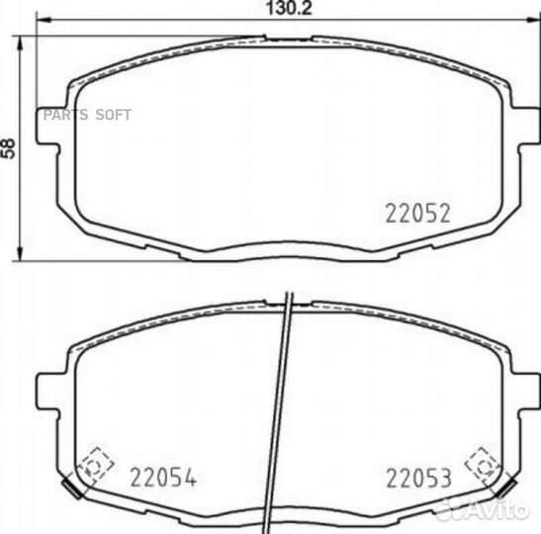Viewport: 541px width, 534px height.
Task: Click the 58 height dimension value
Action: (x=10, y=146)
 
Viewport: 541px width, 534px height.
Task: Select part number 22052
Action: (x=417, y=212)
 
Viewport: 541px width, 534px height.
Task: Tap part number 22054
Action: (x=164, y=479)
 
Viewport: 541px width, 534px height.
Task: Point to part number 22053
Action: (x=418, y=479)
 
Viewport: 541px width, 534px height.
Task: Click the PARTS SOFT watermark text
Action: (x=84, y=115)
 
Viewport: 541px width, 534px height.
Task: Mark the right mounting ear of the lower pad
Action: (x=520, y=393)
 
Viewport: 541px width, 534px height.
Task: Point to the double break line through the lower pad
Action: (x=283, y=415)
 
